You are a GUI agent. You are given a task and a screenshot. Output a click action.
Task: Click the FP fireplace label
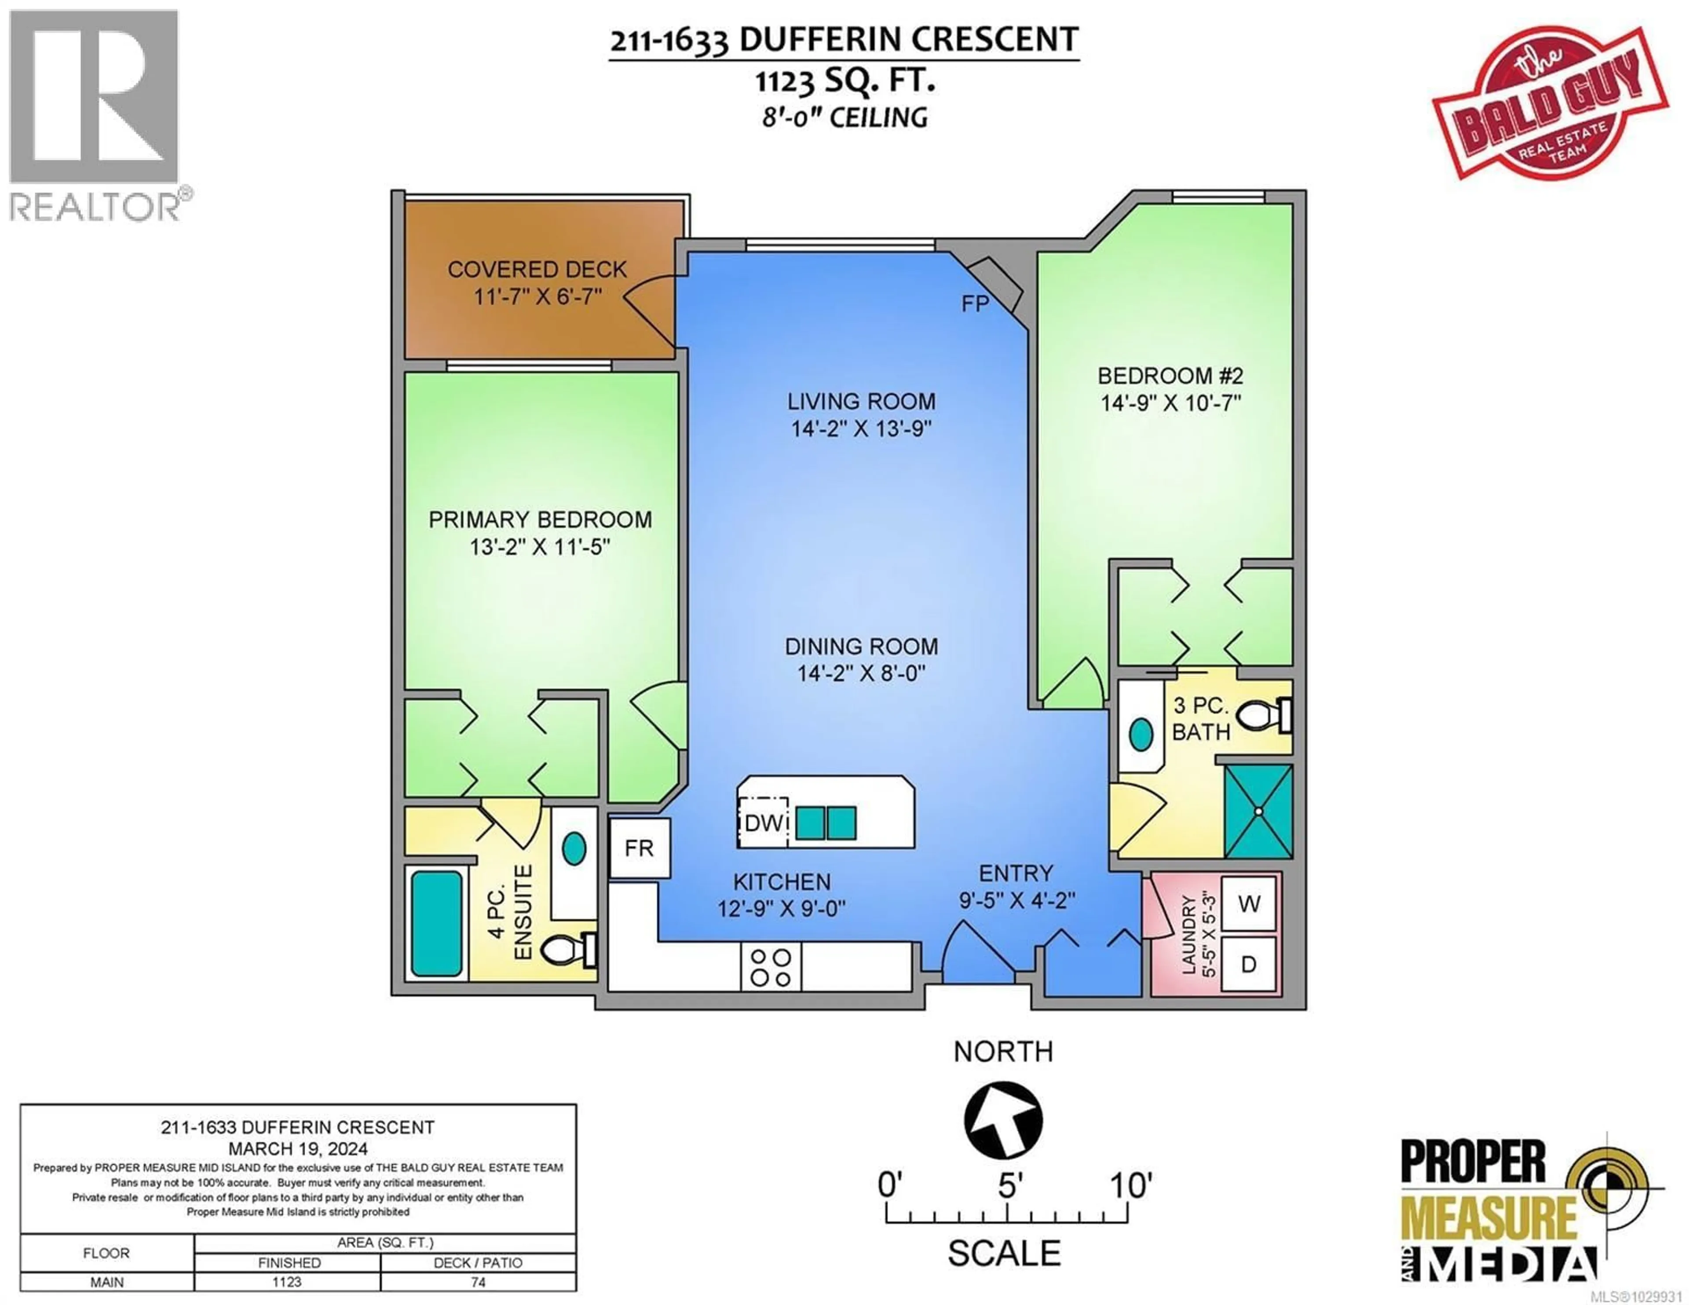975,304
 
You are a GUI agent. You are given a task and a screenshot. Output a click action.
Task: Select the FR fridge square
639,848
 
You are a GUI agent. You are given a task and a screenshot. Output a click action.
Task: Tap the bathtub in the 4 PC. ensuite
436,923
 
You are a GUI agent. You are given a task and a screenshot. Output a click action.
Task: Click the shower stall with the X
1258,812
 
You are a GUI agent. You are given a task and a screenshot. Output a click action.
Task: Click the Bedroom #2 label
1170,376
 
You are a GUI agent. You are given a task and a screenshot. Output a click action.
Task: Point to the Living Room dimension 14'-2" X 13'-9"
861,428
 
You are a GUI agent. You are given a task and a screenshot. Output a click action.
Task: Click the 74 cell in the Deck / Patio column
478,1282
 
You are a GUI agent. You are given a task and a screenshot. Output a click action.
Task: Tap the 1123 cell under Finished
287,1282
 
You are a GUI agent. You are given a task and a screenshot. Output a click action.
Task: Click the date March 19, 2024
298,1149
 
